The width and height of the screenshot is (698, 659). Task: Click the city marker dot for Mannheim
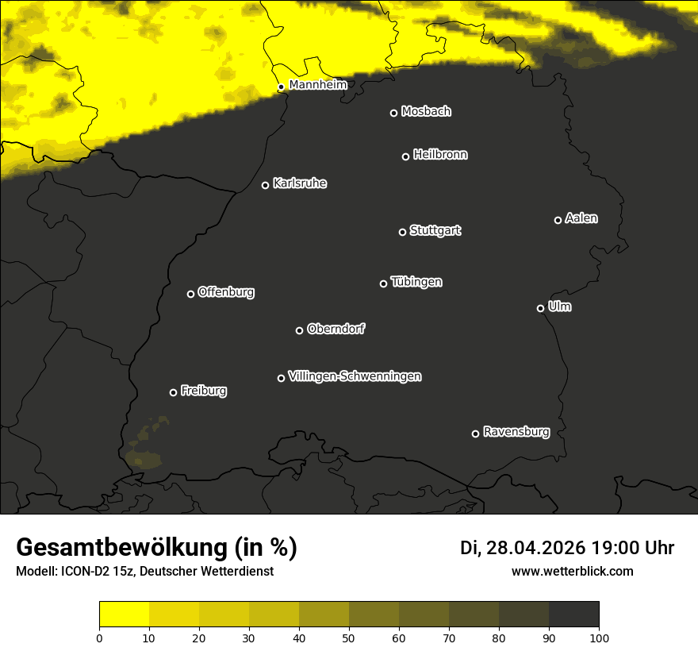(x=281, y=87)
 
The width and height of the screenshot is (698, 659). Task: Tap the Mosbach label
(x=426, y=112)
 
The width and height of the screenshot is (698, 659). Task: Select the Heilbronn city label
(x=440, y=155)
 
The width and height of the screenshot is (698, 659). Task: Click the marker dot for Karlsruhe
(x=265, y=186)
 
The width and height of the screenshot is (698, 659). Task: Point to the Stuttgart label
(x=435, y=231)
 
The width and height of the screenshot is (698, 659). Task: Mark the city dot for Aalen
(x=558, y=220)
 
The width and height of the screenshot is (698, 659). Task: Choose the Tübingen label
(x=416, y=282)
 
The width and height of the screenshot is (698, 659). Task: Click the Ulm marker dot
(x=540, y=308)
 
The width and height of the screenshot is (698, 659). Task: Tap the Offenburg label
(x=226, y=292)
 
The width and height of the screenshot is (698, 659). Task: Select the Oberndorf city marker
(x=299, y=330)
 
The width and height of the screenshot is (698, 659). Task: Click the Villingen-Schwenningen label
(x=355, y=376)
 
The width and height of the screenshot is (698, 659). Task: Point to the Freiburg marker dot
(x=173, y=392)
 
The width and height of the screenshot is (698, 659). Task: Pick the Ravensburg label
(x=516, y=433)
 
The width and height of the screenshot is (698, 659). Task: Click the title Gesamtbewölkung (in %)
(x=156, y=548)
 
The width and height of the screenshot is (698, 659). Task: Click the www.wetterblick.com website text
(x=572, y=571)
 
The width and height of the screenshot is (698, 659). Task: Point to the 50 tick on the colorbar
(x=349, y=637)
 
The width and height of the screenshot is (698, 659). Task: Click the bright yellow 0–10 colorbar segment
(x=124, y=614)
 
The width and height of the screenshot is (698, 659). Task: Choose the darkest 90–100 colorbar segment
(x=573, y=614)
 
